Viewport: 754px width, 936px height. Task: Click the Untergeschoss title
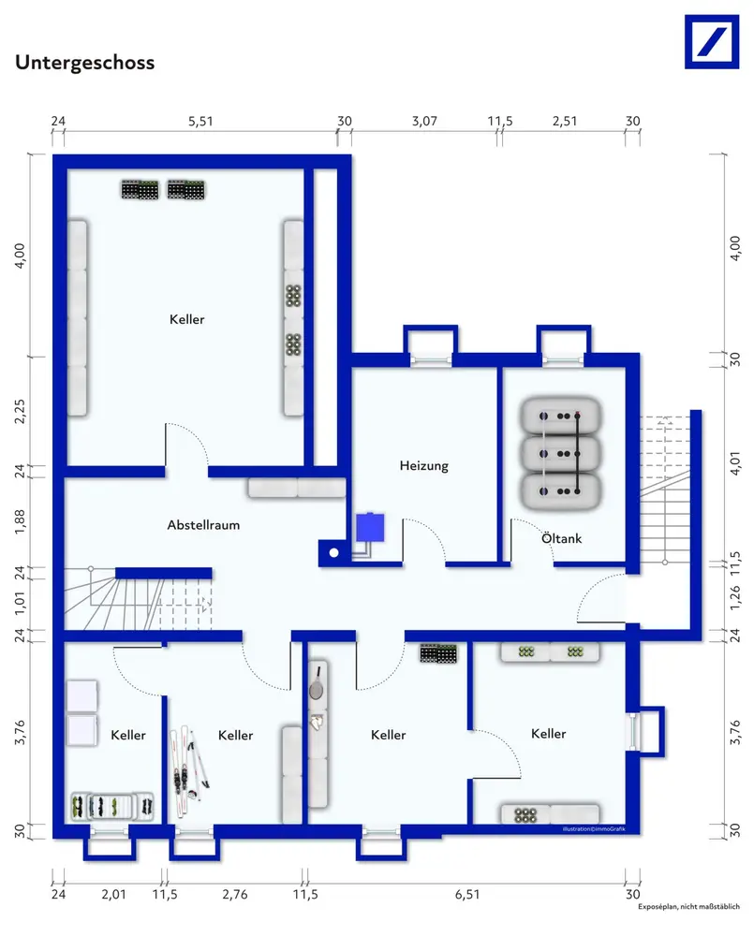tap(85, 63)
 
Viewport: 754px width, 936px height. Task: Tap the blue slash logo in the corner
tap(712, 42)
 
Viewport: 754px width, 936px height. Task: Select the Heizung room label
tap(423, 465)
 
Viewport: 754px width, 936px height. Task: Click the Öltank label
tap(561, 538)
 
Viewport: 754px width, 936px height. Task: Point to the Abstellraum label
tap(203, 525)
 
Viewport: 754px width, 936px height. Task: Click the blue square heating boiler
tap(370, 528)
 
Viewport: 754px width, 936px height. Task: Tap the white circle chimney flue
tap(334, 553)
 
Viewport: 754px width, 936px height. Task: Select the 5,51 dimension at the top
tap(200, 121)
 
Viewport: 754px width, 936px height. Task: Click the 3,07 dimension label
tap(424, 121)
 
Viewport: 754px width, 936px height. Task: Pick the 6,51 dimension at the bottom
tap(467, 894)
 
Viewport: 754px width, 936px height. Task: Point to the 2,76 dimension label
tap(235, 894)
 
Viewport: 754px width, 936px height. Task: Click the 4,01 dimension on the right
tap(735, 463)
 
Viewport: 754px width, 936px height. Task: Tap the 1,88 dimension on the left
tap(20, 521)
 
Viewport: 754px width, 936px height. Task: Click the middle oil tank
tap(560, 454)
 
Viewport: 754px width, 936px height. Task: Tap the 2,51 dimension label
tap(565, 121)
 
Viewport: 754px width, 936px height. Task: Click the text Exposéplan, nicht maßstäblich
tap(688, 907)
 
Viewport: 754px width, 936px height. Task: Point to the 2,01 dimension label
tap(113, 894)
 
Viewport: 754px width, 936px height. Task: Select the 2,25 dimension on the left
tap(20, 411)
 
